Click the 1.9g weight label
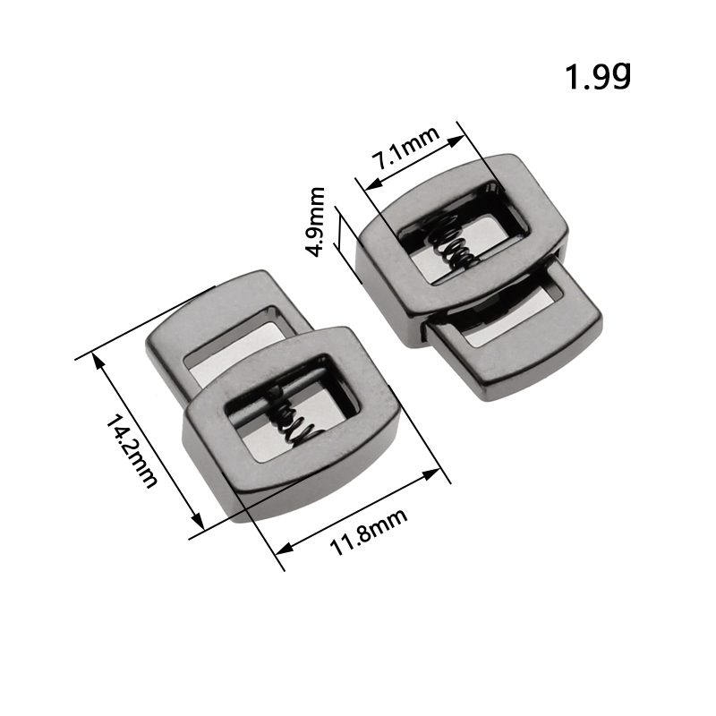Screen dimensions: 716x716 (x=598, y=76)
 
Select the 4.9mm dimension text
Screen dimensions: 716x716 (x=314, y=221)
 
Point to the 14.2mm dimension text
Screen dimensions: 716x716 (x=132, y=451)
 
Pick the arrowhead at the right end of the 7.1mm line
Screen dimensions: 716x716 (x=456, y=141)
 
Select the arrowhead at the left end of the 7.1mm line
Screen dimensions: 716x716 (x=374, y=183)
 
